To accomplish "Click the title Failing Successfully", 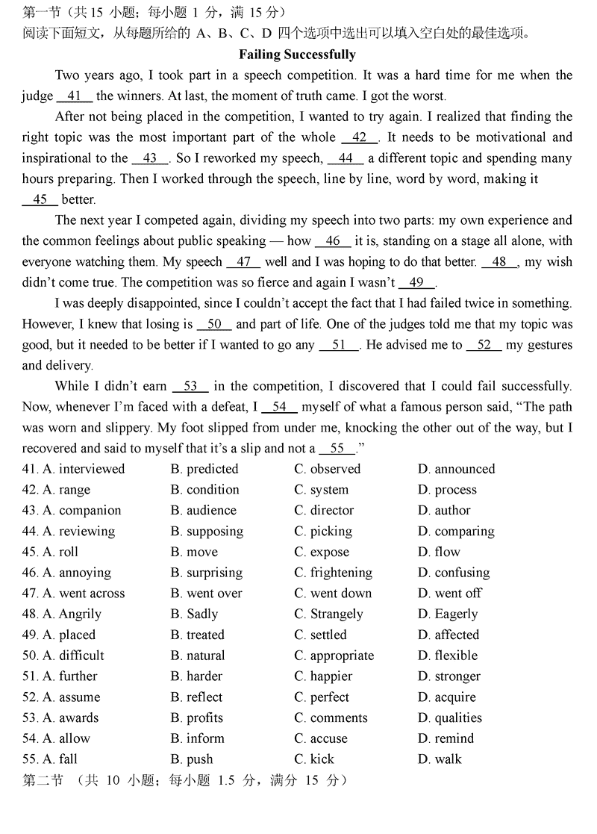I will pyautogui.click(x=297, y=55).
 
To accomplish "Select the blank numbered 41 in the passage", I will pyautogui.click(x=73, y=96).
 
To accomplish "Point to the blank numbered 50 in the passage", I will pyautogui.click(x=214, y=324).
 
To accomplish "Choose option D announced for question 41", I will pyautogui.click(x=456, y=469).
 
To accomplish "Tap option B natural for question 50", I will pyautogui.click(x=197, y=656).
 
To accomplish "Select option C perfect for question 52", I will pyautogui.click(x=322, y=697).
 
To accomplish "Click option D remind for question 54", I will pyautogui.click(x=446, y=738).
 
